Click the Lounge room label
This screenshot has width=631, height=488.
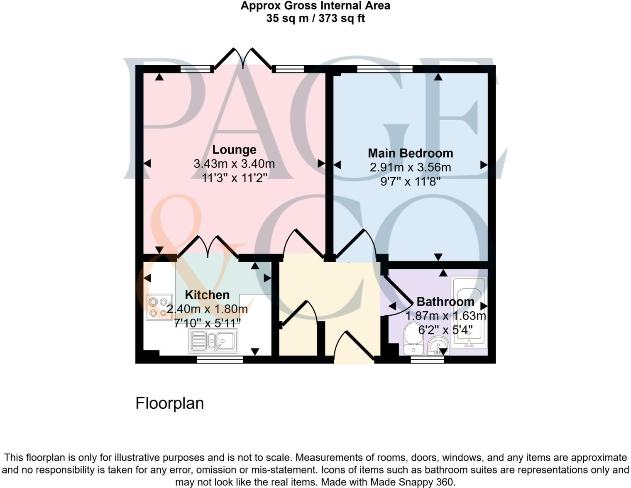point(234,149)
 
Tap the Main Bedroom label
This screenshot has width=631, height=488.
point(410,153)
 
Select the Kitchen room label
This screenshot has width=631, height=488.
point(207,295)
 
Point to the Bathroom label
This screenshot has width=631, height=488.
point(445,302)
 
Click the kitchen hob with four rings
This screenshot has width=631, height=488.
point(159,307)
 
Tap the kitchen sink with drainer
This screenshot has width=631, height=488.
point(213,341)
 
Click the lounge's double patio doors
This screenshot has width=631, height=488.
point(243,59)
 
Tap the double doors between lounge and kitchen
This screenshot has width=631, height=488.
point(208,246)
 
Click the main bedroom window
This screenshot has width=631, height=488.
point(384,69)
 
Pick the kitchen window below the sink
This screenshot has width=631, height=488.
point(220,359)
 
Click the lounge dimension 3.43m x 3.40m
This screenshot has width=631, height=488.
point(234,163)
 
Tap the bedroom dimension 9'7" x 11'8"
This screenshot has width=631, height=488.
point(410,181)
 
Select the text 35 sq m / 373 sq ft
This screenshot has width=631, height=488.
point(315,18)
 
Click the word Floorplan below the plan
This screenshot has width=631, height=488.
point(169,403)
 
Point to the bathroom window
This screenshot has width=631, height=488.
point(427,359)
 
